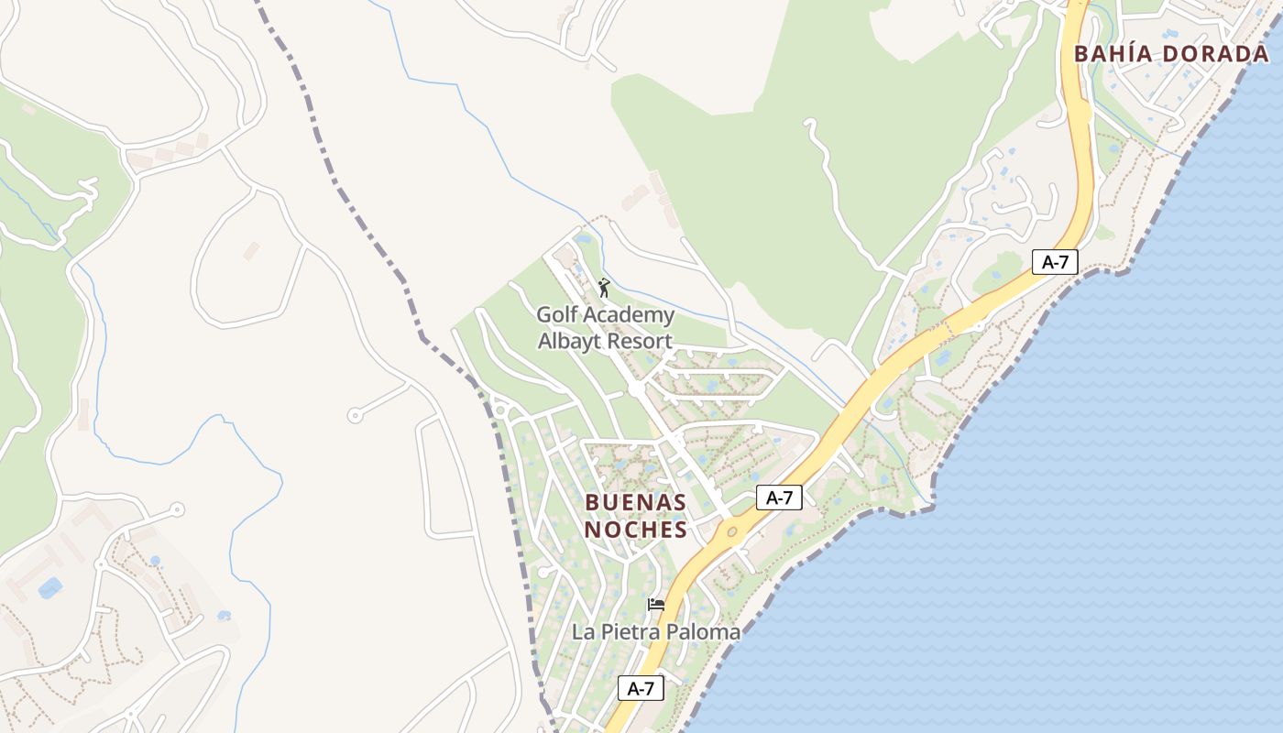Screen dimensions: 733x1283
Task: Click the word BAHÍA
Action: [x=1113, y=54]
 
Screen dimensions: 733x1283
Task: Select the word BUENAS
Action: [x=635, y=503]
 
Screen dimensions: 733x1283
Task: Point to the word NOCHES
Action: [x=636, y=530]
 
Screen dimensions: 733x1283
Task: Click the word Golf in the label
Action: [x=556, y=316]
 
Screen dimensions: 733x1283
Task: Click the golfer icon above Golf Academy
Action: [x=604, y=288]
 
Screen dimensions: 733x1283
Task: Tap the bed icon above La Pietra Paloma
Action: [x=656, y=605]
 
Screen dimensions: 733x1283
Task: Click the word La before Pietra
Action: [x=583, y=632]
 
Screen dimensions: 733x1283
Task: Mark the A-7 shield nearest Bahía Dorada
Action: [x=1055, y=262]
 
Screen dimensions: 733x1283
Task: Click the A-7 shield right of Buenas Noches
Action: [x=779, y=498]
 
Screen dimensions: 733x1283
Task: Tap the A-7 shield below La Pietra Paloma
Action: [x=641, y=688]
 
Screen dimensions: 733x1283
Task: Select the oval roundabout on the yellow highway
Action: [x=731, y=531]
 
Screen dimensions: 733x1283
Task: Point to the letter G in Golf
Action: [x=544, y=316]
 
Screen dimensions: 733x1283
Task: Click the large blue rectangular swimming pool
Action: [x=50, y=587]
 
